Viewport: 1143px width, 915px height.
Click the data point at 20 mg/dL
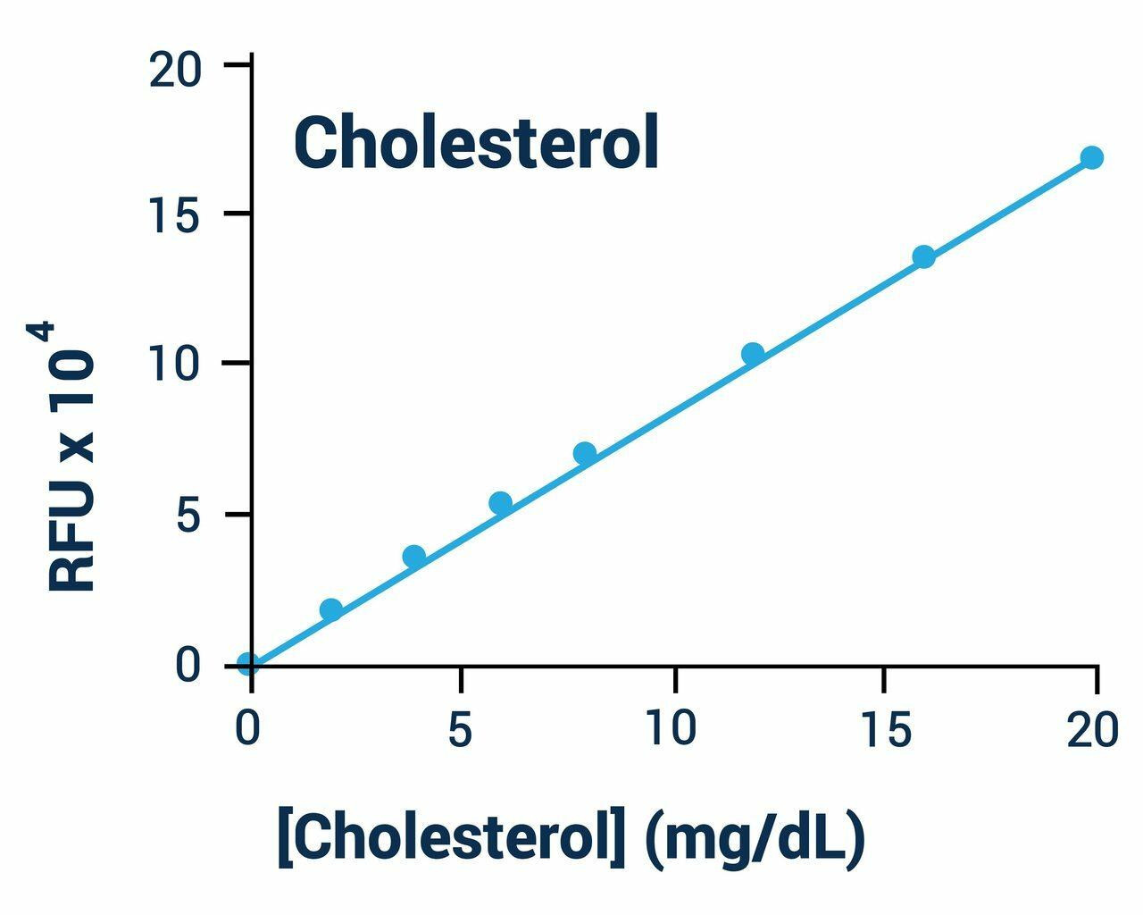(x=1091, y=158)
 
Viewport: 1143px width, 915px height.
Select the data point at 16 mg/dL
(x=923, y=257)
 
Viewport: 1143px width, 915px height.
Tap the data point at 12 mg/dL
(x=753, y=354)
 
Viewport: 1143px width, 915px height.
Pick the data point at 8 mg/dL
(x=585, y=453)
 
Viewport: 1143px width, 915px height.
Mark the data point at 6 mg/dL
(x=501, y=503)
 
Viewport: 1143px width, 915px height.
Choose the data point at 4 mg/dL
(x=414, y=557)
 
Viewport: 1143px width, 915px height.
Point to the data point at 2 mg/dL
(x=331, y=610)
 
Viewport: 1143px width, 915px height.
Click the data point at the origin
(x=248, y=664)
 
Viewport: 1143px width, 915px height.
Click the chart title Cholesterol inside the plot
(x=476, y=143)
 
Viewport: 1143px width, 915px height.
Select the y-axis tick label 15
(x=175, y=215)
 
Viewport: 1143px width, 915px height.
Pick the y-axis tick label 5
(x=188, y=516)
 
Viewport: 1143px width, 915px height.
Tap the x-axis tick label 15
(x=885, y=731)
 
